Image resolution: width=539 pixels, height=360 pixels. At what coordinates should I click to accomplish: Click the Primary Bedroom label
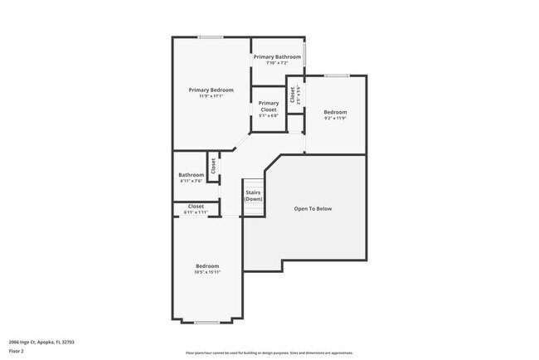[x=211, y=90]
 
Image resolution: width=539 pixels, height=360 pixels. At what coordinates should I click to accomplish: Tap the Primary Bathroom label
[x=278, y=56]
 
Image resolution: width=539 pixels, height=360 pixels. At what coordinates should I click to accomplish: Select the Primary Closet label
[x=269, y=106]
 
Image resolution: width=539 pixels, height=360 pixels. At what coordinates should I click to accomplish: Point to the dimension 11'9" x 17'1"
[x=211, y=96]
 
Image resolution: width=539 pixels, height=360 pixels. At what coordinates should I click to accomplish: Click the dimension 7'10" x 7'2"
[x=278, y=63]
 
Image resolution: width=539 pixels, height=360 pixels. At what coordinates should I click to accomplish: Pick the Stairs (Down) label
[x=254, y=196]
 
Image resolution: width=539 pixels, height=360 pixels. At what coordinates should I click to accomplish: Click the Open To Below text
[x=313, y=208]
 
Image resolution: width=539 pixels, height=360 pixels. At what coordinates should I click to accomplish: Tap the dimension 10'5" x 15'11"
[x=207, y=272]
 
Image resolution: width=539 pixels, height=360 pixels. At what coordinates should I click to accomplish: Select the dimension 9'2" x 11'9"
[x=335, y=118]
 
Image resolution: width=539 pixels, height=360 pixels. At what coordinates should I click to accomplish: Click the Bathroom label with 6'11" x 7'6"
[x=192, y=174]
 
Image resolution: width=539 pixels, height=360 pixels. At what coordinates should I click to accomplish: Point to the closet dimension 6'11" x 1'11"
[x=197, y=213]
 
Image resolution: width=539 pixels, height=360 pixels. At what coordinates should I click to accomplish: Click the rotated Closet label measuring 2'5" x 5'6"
[x=293, y=95]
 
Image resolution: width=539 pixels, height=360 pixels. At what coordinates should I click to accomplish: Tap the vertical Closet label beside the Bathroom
[x=213, y=165]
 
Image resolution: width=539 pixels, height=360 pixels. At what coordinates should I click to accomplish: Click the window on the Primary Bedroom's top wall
[x=210, y=37]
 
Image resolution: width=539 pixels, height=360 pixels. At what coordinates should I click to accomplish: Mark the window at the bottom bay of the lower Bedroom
[x=206, y=322]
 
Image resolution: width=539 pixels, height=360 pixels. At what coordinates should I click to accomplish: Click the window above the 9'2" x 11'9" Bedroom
[x=336, y=75]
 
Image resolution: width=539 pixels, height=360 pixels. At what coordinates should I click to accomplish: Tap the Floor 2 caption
[x=17, y=351]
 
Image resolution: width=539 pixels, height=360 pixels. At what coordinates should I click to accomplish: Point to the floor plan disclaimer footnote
[x=269, y=353]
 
